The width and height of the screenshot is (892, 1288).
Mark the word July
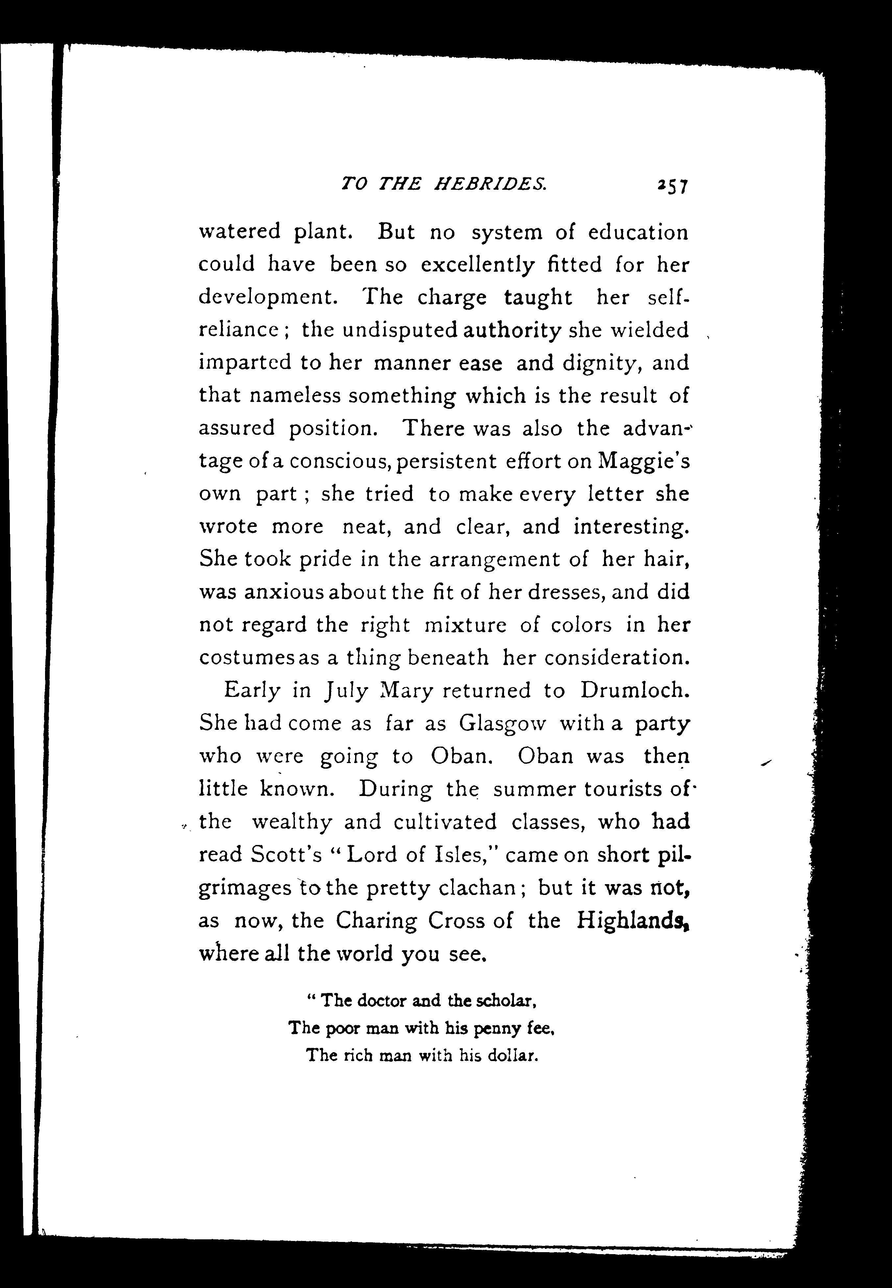(x=346, y=691)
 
